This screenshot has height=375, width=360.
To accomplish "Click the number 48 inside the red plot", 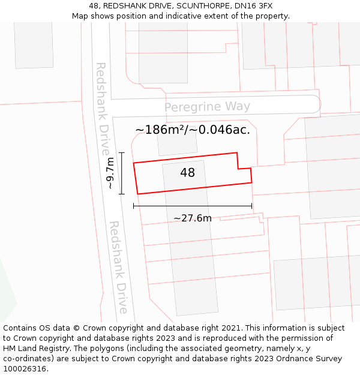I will click(187, 173).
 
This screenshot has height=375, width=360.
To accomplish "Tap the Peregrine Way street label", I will click(207, 107).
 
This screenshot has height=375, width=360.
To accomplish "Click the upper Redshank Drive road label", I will click(102, 100).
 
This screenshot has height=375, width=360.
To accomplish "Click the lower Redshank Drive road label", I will click(118, 267).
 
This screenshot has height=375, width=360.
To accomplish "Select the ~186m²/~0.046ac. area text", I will click(193, 130).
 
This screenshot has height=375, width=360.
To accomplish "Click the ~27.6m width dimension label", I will click(193, 218).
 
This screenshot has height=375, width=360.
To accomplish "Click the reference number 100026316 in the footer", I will click(25, 369).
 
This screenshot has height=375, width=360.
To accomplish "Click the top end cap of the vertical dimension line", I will click(121, 153).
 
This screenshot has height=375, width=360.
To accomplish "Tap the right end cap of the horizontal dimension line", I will click(251, 206).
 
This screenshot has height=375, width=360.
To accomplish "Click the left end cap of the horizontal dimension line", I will click(134, 206).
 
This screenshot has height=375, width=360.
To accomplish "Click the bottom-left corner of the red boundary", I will click(138, 194).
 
